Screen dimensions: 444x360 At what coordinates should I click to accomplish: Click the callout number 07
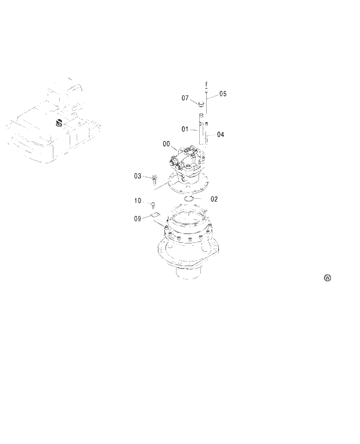[x=186, y=98]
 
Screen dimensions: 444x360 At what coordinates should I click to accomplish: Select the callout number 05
[x=223, y=94]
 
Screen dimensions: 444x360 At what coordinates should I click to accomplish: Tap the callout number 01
[x=185, y=128]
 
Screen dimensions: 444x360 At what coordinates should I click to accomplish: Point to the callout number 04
[x=221, y=134]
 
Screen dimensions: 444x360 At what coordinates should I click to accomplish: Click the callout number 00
[x=166, y=144]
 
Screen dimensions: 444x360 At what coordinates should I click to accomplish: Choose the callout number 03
[x=138, y=176]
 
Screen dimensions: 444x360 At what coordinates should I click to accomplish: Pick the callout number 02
[x=214, y=199]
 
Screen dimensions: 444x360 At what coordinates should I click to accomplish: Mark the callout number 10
[x=138, y=200]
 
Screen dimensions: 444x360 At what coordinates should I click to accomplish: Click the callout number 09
[x=138, y=219]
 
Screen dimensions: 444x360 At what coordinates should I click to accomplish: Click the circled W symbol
[x=327, y=278]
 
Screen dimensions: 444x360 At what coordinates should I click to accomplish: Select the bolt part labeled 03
[x=154, y=178]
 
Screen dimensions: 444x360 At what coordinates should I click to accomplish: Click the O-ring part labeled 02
[x=188, y=199]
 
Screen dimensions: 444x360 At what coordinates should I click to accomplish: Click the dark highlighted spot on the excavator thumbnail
[x=59, y=123]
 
